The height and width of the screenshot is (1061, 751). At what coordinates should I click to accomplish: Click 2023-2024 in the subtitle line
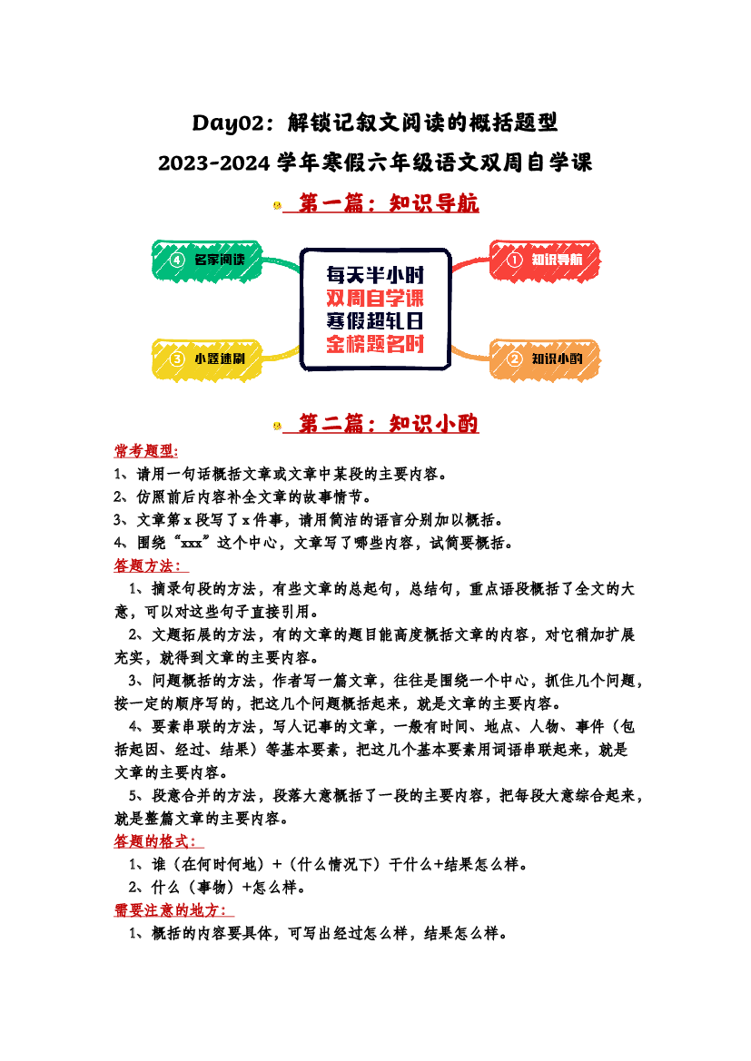[214, 163]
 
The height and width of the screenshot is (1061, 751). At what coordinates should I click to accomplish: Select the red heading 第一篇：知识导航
[389, 202]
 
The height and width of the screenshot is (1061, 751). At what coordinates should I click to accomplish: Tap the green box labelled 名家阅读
[206, 260]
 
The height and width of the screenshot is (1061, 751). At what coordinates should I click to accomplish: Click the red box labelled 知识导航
[545, 260]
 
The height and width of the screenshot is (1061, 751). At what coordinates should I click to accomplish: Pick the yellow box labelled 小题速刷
[206, 359]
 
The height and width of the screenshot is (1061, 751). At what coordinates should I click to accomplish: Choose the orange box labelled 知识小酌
[545, 359]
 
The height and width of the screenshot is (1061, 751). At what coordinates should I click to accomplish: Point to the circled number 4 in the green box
[177, 260]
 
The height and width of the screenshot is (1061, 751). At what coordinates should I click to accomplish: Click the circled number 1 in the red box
[515, 260]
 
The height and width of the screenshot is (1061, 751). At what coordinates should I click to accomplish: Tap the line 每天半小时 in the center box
[375, 275]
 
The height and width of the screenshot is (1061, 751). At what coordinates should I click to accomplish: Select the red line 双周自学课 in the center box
[375, 298]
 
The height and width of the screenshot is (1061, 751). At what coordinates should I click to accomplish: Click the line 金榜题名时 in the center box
[375, 344]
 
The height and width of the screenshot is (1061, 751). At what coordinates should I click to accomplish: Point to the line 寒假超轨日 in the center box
[375, 320]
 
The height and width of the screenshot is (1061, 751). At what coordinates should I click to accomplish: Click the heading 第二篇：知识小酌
[389, 424]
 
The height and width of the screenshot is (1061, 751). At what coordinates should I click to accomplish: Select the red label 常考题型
[146, 451]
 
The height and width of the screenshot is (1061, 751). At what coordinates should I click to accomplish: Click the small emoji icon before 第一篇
[277, 204]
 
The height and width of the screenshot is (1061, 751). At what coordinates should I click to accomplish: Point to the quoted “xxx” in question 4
[192, 543]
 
